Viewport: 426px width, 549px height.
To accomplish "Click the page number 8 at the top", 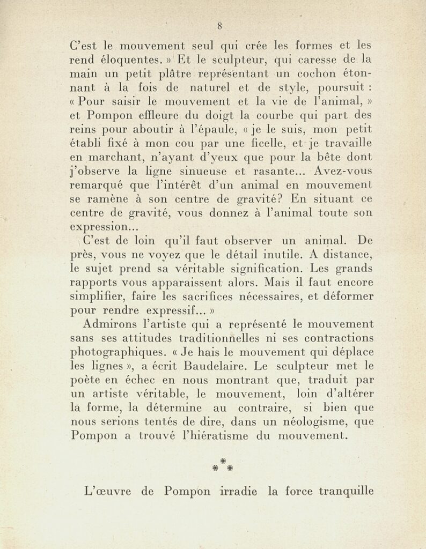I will pyautogui.click(x=220, y=25).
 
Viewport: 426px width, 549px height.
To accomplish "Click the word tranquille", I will pyautogui.click(x=346, y=492).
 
